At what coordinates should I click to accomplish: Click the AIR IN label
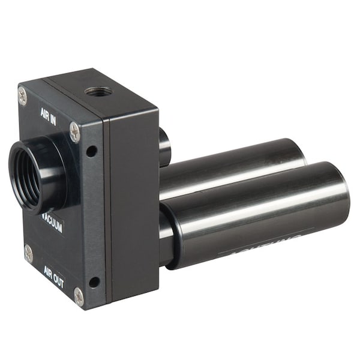pyautogui.click(x=49, y=114)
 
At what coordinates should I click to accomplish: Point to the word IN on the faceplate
pyautogui.click(x=55, y=116)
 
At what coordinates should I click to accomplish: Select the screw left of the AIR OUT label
pyautogui.click(x=28, y=253)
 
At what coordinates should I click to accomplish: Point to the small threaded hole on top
pyautogui.click(x=98, y=92)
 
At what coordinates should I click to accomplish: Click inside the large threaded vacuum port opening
pyautogui.click(x=27, y=178)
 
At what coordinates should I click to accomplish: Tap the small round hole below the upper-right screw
pyautogui.click(x=91, y=151)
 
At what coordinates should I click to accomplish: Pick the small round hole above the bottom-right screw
pyautogui.click(x=94, y=281)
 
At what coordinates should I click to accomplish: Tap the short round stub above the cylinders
pyautogui.click(x=164, y=147)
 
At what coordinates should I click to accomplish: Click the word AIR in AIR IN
pyautogui.click(x=45, y=112)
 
